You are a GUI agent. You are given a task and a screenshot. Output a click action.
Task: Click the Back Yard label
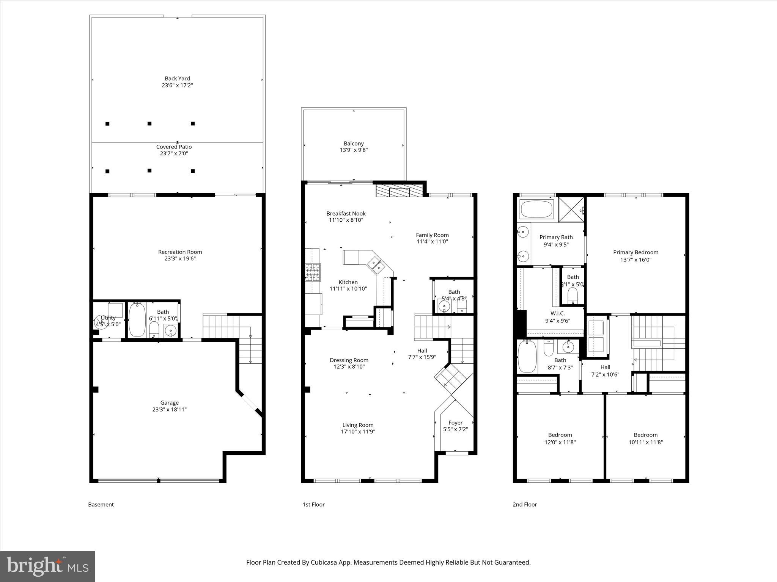[x=177, y=78]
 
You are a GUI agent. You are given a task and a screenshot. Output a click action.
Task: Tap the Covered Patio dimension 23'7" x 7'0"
[x=174, y=153]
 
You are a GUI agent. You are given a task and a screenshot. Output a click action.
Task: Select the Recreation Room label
[x=180, y=252]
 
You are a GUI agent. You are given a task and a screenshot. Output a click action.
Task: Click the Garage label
[x=169, y=403]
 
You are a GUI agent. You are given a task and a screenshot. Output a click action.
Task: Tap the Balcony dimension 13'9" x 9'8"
[x=354, y=150]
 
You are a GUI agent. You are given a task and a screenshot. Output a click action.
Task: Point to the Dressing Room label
[x=349, y=360]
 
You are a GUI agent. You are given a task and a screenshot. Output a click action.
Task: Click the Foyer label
[x=455, y=422]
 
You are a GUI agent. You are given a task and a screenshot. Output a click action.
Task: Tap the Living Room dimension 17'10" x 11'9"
[x=358, y=432]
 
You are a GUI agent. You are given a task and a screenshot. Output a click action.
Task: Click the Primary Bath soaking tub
[x=536, y=209]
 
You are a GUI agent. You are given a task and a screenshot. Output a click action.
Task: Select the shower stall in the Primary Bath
[x=572, y=209]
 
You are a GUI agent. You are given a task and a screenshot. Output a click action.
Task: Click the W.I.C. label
[x=557, y=313]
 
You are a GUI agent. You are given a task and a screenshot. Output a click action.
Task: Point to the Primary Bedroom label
[x=635, y=252]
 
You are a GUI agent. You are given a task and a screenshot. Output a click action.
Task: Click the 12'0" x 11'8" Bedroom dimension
[x=560, y=442]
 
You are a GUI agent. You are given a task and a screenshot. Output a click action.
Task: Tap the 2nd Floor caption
[x=525, y=504]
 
